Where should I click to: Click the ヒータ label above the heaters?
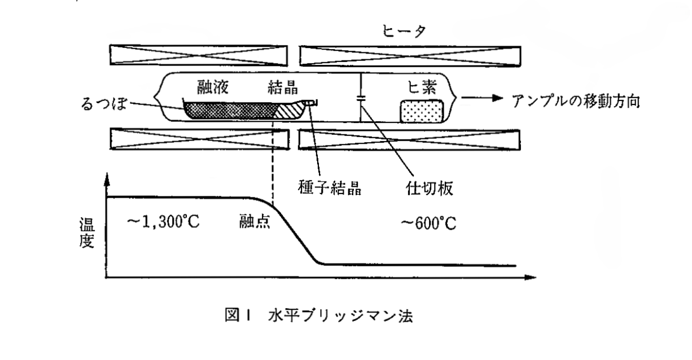pos(404,31)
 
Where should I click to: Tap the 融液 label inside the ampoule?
pos(213,87)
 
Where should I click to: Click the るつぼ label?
pos(104,103)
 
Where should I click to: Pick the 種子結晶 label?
pos(330,187)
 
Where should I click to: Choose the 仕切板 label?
pos(430,188)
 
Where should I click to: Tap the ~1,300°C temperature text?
pos(163,222)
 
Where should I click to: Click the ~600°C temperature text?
pos(428,223)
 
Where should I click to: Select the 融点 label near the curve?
pos(255,221)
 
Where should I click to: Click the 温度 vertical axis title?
pos(87,232)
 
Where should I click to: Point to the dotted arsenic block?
pos(422,111)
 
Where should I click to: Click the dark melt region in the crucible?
pos(230,110)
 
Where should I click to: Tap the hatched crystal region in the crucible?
pos(289,110)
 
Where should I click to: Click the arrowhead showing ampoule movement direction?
pos(498,98)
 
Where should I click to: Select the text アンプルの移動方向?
pos(576,101)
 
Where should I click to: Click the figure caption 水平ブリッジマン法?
pos(340,315)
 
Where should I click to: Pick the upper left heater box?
pos(199,55)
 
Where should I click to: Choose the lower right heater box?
pos(409,140)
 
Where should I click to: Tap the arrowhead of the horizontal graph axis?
pos(531,277)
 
